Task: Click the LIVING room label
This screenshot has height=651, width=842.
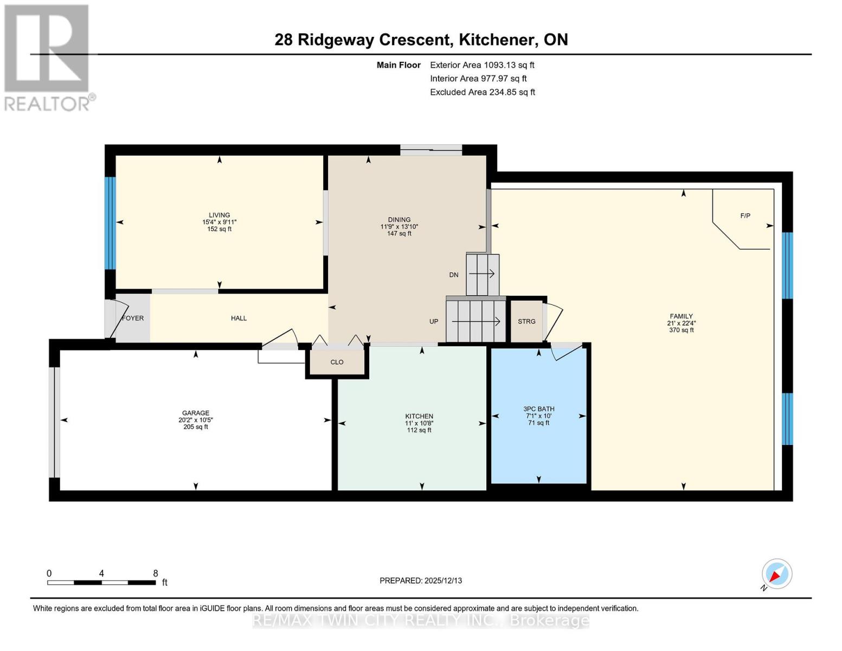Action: tap(219, 215)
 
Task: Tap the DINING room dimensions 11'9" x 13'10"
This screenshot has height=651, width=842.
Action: tap(399, 227)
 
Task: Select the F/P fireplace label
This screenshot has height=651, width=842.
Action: tap(745, 216)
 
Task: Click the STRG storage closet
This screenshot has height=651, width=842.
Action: tap(526, 322)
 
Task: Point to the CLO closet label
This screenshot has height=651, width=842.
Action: tap(337, 362)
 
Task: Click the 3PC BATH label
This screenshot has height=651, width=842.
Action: tap(538, 409)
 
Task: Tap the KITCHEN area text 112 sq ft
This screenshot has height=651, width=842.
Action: tap(419, 430)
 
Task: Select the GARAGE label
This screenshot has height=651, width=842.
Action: tap(195, 413)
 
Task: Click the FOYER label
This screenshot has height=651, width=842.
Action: tap(133, 318)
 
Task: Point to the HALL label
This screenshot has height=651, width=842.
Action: tap(239, 318)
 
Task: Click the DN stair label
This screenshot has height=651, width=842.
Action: tap(454, 275)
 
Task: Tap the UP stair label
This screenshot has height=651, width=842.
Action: tap(434, 322)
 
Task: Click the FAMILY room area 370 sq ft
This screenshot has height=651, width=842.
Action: tap(681, 330)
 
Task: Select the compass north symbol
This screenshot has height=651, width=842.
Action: tap(776, 574)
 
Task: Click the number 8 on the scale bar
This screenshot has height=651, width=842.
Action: tap(156, 573)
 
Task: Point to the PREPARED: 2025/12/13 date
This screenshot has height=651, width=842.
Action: tap(421, 580)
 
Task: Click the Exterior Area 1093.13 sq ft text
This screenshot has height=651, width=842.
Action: tap(482, 65)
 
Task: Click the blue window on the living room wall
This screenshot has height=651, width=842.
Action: tap(110, 223)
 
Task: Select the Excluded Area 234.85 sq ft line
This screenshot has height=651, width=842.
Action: tap(483, 92)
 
